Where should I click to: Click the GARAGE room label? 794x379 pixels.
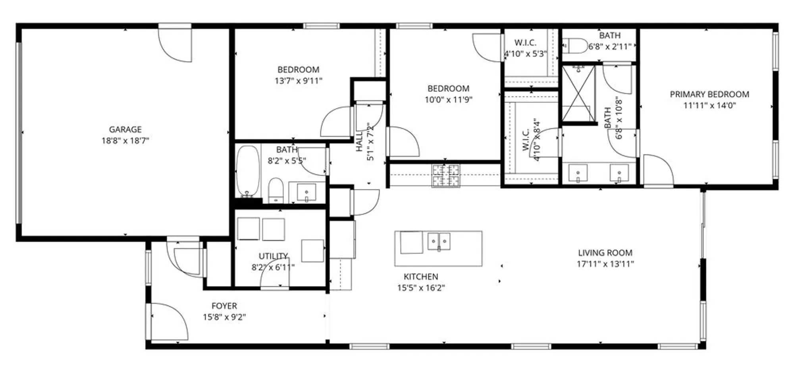[x=125, y=130]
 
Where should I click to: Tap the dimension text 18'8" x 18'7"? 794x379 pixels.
[x=125, y=141]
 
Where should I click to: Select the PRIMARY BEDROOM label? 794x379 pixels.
[x=709, y=95]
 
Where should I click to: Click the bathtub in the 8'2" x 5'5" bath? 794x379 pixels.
[x=248, y=171]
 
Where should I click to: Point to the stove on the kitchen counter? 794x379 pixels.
[x=446, y=175]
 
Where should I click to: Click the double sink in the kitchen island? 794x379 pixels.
[x=439, y=242]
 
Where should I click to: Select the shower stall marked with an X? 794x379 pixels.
[x=579, y=94]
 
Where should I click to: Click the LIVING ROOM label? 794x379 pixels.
[x=605, y=253]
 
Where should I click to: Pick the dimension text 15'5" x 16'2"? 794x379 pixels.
[x=421, y=288]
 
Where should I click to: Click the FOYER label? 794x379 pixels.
[x=224, y=306]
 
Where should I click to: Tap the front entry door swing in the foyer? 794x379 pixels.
[x=169, y=322]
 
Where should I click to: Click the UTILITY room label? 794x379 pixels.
[x=273, y=256]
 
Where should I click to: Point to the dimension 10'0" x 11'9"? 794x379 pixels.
[x=448, y=100]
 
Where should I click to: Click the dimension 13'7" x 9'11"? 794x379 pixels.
[x=298, y=81]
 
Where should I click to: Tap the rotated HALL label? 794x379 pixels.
[x=359, y=141]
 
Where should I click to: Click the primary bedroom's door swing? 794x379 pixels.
[x=657, y=170]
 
